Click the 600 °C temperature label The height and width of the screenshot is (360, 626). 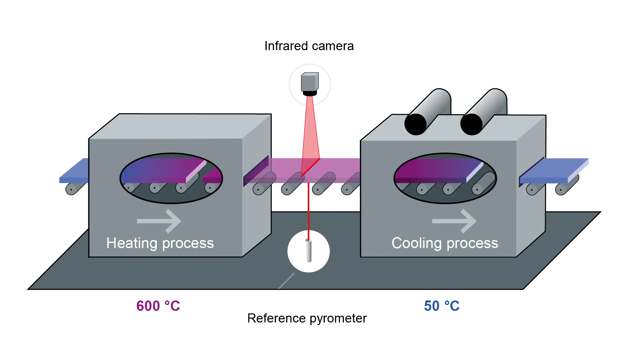point(158,306)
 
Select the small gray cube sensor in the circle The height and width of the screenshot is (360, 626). point(310,82)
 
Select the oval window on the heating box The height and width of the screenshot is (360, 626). point(171,178)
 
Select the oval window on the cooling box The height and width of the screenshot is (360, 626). point(445,178)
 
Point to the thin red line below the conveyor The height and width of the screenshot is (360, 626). point(308,210)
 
